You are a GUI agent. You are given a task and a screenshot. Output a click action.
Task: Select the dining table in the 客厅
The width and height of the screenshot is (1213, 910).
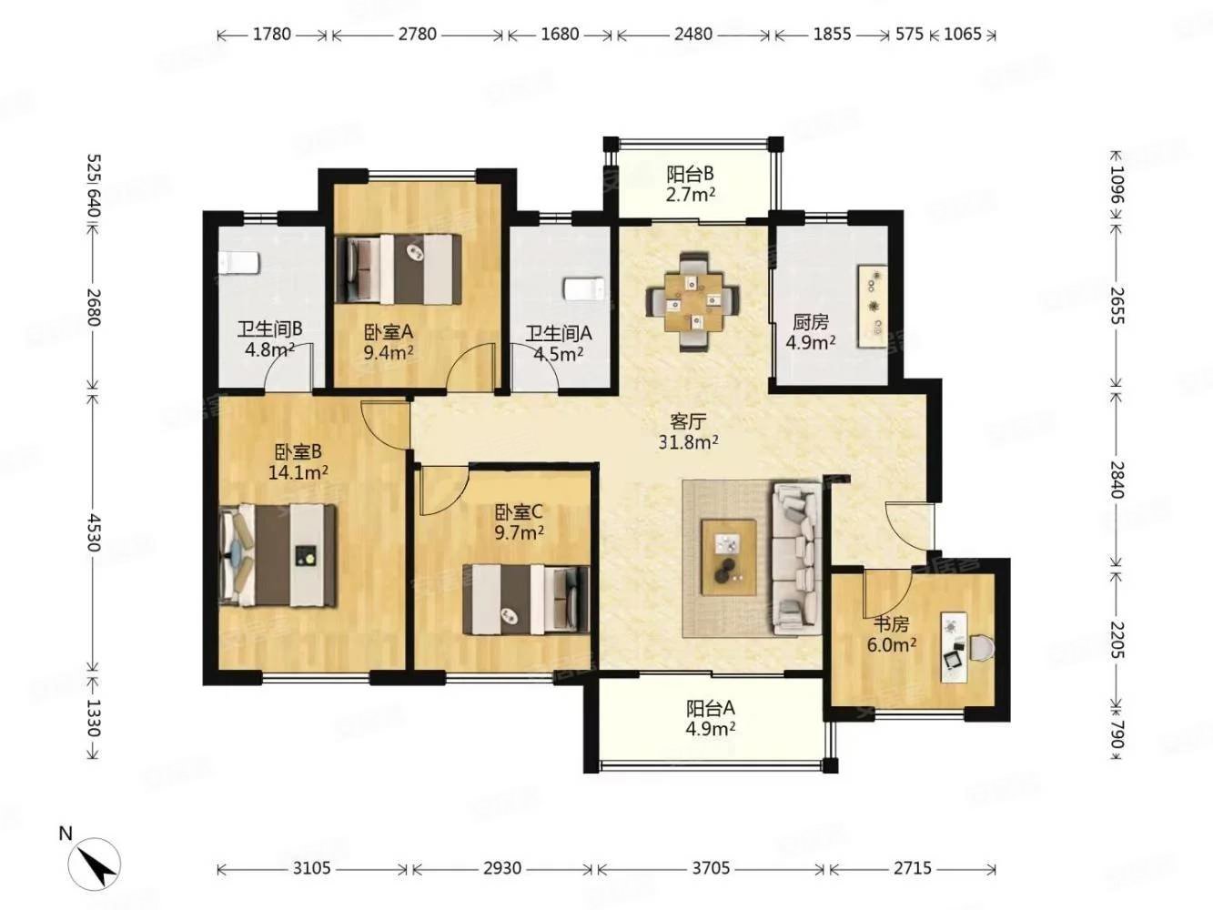(693, 302)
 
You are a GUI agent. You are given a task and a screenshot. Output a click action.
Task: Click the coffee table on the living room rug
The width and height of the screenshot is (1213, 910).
(729, 558)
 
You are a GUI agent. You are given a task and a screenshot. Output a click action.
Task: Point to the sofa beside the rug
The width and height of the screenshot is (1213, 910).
(796, 559)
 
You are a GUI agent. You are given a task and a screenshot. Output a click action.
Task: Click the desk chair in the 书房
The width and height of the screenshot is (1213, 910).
(982, 647)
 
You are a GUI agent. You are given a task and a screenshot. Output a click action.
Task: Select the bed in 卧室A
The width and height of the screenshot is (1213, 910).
(398, 269)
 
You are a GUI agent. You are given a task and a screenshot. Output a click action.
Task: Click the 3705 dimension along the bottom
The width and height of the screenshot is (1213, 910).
(711, 868)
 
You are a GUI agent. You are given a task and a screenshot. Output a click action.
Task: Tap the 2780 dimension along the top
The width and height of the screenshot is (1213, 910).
(418, 35)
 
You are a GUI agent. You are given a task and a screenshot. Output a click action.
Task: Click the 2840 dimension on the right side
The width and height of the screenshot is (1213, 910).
(1117, 480)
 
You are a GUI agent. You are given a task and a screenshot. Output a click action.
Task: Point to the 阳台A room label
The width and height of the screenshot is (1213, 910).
(711, 708)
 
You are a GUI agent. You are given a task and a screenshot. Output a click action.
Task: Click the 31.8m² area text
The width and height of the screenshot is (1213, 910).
(688, 442)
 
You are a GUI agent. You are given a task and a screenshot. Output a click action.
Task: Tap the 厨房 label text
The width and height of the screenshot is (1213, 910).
(811, 322)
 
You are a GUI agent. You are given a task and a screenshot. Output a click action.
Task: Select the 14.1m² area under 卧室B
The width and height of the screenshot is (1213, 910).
(298, 472)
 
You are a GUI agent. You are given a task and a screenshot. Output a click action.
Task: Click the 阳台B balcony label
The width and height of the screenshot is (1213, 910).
(691, 174)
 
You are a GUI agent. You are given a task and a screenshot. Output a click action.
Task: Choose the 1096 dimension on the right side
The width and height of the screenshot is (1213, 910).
(1117, 185)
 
